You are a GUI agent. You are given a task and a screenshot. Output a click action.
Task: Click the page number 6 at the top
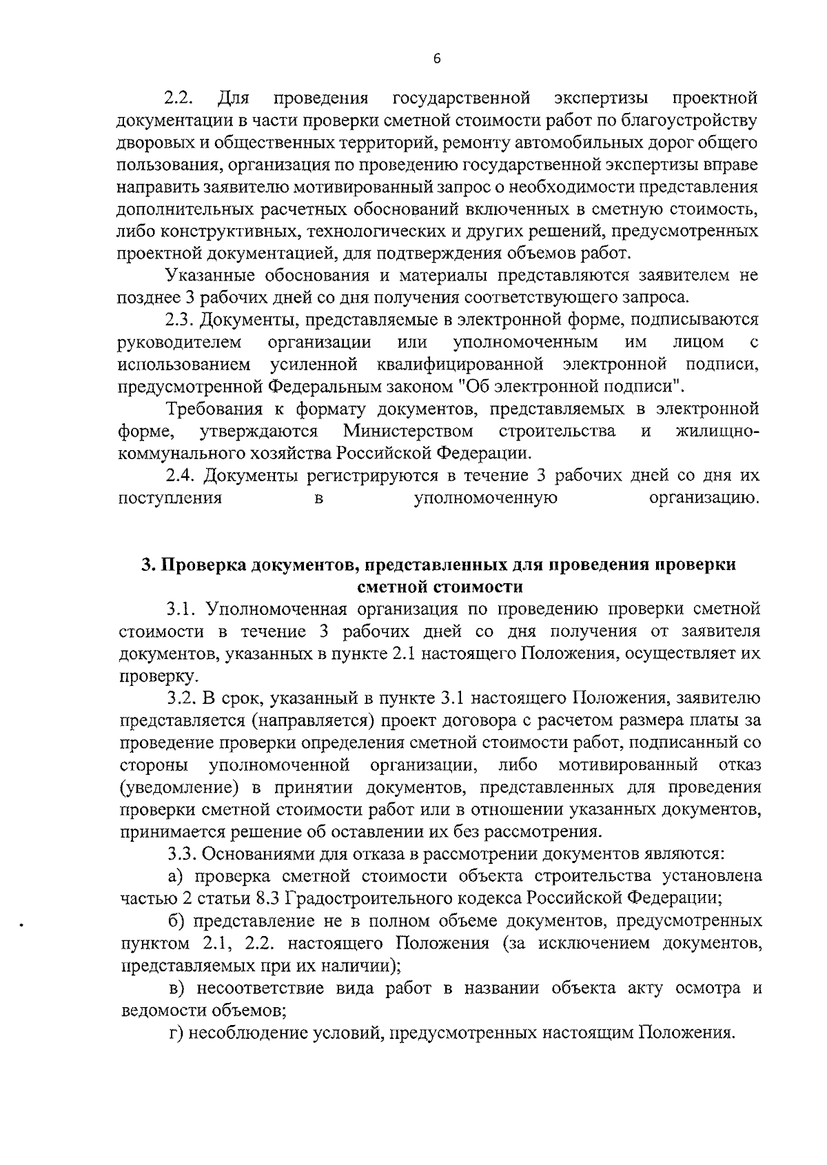tap(437, 59)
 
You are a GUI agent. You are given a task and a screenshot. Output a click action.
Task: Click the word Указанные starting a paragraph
tap(211, 276)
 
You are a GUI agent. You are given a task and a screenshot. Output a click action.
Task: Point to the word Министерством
tap(408, 432)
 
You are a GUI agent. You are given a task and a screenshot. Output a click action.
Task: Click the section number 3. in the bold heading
tap(147, 565)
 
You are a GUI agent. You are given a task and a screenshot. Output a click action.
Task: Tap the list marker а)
tap(178, 876)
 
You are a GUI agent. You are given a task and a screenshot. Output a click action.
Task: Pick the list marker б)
tap(178, 921)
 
